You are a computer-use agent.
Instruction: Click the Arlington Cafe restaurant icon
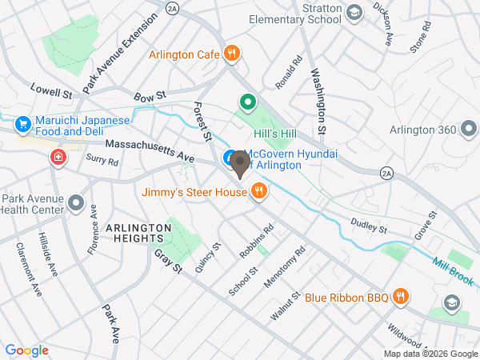[x=231, y=54]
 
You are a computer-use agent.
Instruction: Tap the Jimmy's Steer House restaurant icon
[x=258, y=191]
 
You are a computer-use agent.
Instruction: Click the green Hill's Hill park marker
[x=248, y=102]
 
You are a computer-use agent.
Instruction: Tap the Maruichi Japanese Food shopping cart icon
[x=22, y=124]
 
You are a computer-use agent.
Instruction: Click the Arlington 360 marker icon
[x=470, y=129]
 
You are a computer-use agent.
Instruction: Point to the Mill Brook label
[x=454, y=271]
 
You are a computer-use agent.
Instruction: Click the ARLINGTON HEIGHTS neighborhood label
[x=138, y=228]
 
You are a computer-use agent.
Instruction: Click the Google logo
[x=26, y=350]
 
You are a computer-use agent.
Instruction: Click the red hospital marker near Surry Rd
[x=58, y=157]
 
